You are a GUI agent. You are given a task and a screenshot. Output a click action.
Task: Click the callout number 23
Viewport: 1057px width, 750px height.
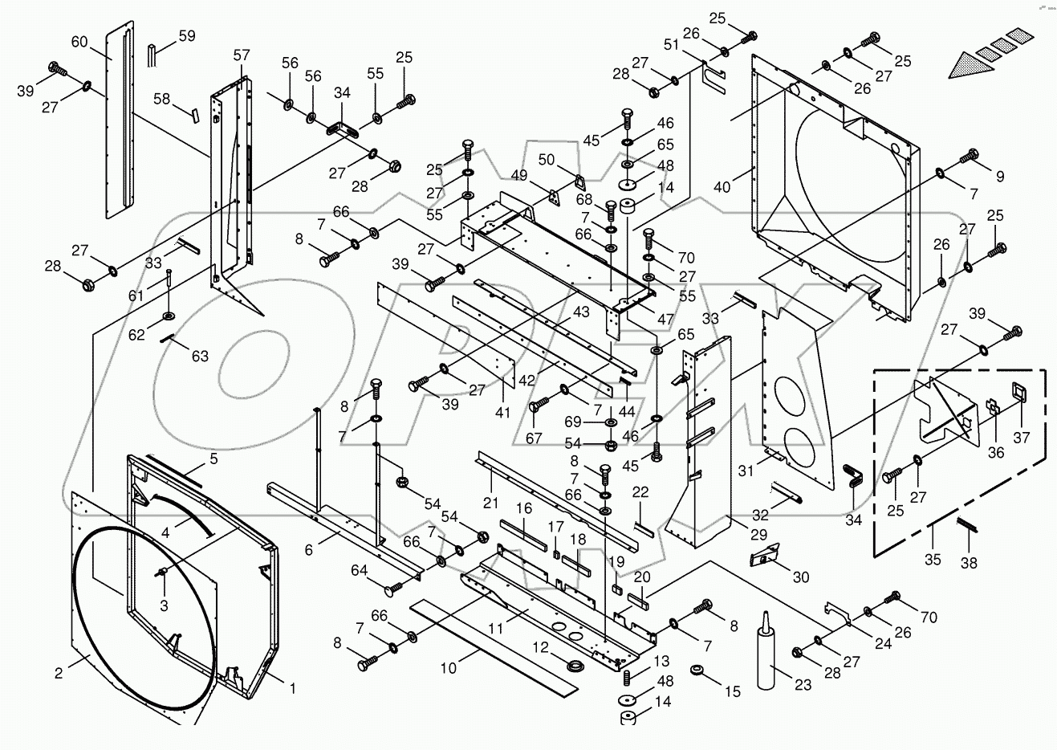[803, 685]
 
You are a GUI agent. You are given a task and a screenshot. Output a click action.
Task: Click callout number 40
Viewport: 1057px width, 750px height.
[722, 187]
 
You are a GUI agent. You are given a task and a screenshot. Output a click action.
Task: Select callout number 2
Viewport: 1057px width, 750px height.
[59, 674]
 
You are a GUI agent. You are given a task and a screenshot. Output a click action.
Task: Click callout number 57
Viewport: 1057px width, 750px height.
[242, 55]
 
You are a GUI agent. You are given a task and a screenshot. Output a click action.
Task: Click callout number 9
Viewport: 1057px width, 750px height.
[1000, 176]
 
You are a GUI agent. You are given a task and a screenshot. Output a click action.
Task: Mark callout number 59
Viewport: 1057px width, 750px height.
[186, 35]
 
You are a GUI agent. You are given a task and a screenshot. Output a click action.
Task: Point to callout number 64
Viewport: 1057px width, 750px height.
[358, 570]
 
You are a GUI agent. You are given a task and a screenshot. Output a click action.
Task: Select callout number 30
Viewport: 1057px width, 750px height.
[800, 577]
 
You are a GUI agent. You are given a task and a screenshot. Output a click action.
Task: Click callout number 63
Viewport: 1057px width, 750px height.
[199, 355]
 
